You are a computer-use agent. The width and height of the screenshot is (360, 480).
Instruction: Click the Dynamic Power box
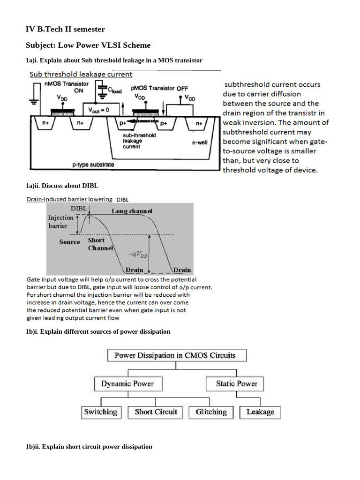pyautogui.click(x=127, y=384)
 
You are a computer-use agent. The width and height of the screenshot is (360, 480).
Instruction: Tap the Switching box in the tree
pyautogui.click(x=100, y=412)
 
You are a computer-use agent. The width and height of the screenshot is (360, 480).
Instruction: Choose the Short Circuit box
pyautogui.click(x=156, y=412)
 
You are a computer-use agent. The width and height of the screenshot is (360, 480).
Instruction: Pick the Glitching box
pyautogui.click(x=211, y=412)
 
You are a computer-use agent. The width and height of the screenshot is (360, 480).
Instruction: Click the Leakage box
pyautogui.click(x=260, y=412)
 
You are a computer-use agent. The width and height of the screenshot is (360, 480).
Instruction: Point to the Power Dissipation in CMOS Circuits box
pyautogui.click(x=175, y=355)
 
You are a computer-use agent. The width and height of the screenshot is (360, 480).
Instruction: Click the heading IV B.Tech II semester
pyautogui.click(x=65, y=30)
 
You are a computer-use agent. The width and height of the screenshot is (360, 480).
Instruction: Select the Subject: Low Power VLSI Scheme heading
pyautogui.click(x=88, y=45)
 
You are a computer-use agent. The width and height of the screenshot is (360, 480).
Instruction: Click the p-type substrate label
pyautogui.click(x=93, y=165)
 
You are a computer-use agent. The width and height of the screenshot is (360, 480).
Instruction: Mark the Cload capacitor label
pyautogui.click(x=114, y=90)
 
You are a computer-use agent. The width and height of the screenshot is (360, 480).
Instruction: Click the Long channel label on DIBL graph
pyautogui.click(x=132, y=211)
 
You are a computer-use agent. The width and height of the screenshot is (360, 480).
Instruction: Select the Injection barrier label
pyautogui.click(x=61, y=221)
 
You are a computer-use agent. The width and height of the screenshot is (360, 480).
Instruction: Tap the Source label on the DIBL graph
pyautogui.click(x=69, y=242)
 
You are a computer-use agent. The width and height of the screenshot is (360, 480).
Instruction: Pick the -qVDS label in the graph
pyautogui.click(x=139, y=255)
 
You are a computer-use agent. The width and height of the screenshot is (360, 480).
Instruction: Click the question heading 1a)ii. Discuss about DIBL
pyautogui.click(x=62, y=186)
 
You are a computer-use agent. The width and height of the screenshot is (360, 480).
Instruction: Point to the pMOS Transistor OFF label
pyautogui.click(x=152, y=88)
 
